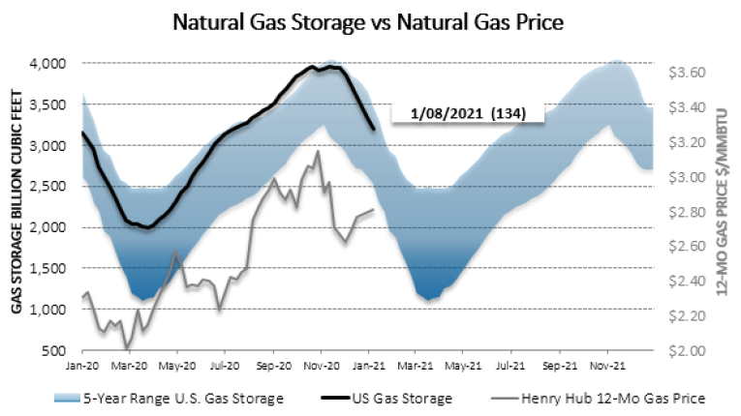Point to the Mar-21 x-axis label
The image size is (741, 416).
click(416, 367)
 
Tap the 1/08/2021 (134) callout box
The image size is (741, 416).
click(468, 113)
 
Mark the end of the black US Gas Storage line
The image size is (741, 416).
click(374, 128)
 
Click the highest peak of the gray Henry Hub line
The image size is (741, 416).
click(319, 151)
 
